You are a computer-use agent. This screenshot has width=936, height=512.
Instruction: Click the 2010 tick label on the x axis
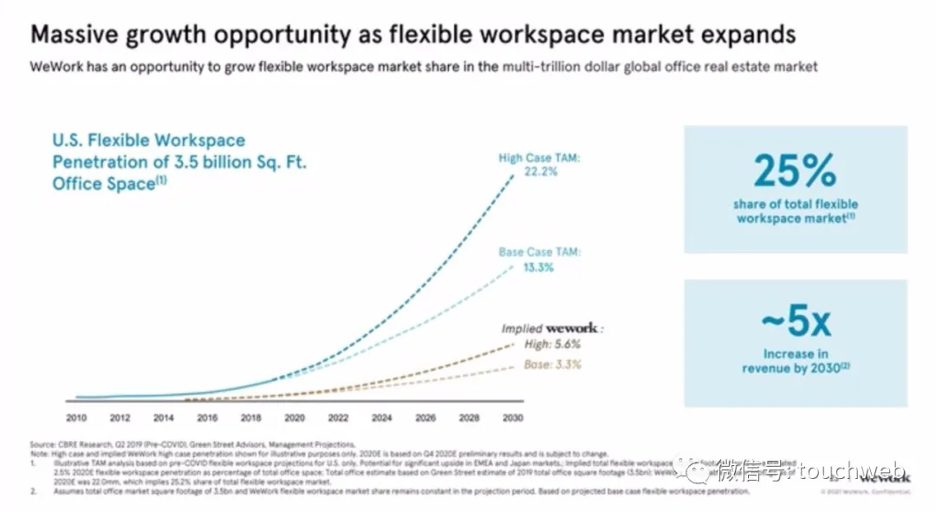coord(75,417)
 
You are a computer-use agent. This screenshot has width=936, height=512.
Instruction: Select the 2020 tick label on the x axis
coord(294,417)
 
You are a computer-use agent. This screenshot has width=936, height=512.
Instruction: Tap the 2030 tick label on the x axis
coord(512,417)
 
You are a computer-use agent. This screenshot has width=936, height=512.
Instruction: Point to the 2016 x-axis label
coord(206,417)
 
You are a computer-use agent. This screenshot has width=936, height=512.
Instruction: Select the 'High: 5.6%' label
coord(551,345)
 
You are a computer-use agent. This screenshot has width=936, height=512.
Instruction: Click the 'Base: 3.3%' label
coord(552,364)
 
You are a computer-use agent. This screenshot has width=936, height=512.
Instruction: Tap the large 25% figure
coord(795,171)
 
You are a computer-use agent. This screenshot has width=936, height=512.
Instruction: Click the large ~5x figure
coord(795,323)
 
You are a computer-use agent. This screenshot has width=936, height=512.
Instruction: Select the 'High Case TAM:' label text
coord(538,158)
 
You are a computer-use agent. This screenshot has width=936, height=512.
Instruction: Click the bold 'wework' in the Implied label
coord(572,329)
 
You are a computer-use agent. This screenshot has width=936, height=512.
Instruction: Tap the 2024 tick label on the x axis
coord(381,417)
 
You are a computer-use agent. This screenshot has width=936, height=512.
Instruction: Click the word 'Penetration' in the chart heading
coord(104,162)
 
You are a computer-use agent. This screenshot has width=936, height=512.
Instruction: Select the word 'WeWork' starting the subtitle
coord(56,67)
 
